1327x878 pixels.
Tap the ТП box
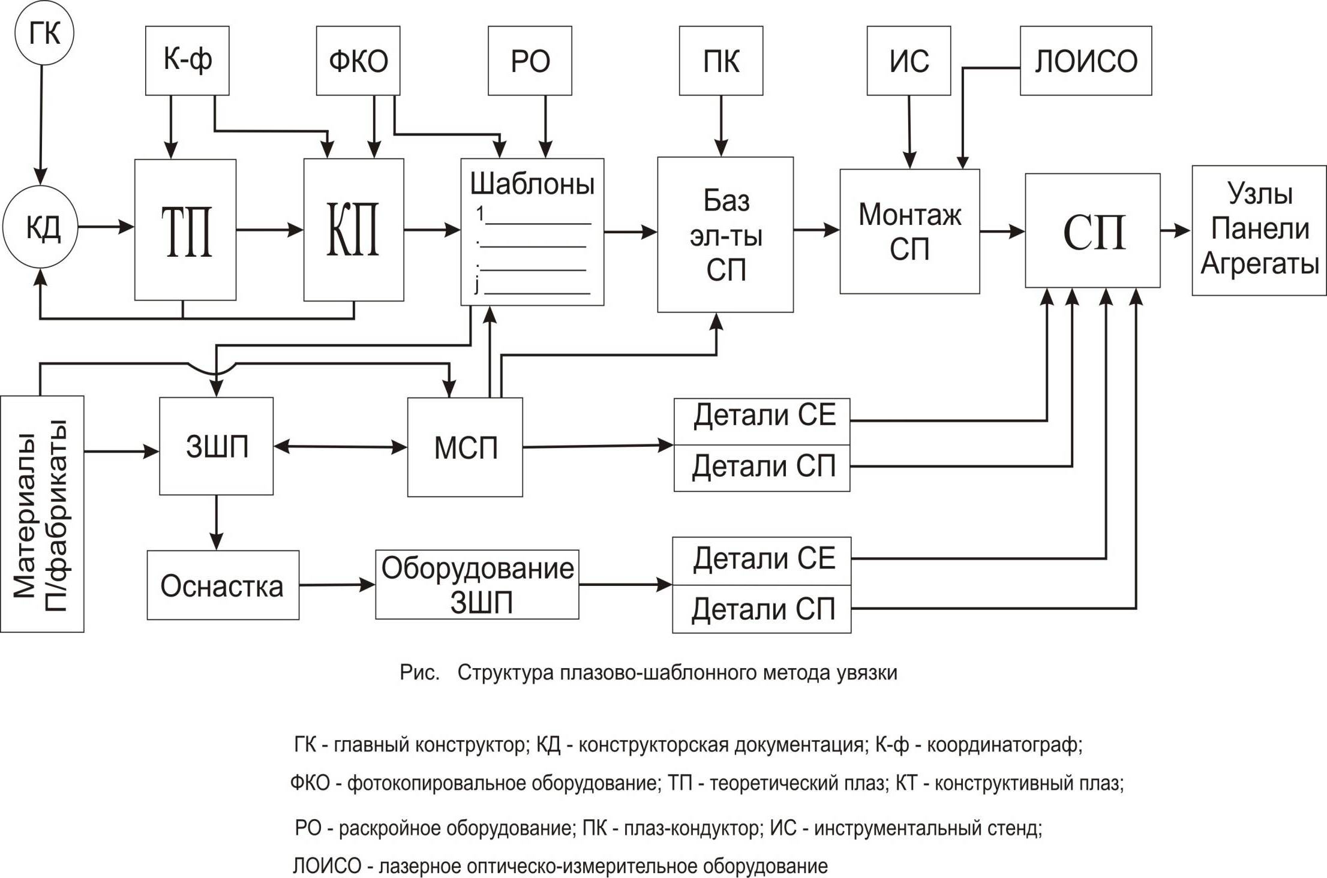tap(185, 230)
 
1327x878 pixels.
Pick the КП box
tap(353, 230)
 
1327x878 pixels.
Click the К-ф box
tap(187, 61)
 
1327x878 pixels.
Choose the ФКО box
tap(358, 61)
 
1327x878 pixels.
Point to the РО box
tap(530, 61)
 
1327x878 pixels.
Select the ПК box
tap(721, 61)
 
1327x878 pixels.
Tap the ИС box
tap(909, 61)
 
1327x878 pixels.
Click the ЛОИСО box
tap(1086, 61)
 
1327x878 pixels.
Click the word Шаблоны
tap(532, 184)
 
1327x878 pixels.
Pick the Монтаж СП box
tap(909, 231)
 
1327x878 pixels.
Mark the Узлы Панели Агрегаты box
tap(1259, 230)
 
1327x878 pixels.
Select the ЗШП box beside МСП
tap(217, 446)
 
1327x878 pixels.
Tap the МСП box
tap(465, 447)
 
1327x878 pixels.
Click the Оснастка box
tap(223, 585)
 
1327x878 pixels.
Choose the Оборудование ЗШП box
tap(477, 585)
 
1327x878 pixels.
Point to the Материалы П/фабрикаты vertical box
tap(42, 514)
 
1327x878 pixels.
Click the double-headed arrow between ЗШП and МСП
tap(340, 447)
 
